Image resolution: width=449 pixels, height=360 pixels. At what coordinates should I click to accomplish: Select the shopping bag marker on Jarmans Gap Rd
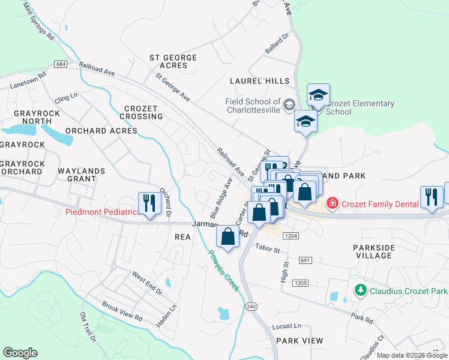coord(228,236)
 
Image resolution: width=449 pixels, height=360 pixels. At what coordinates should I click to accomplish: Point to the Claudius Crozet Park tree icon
coord(360,290)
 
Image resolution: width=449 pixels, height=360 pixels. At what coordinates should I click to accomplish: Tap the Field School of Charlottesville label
coord(253,106)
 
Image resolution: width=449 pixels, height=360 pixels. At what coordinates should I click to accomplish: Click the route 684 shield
coord(59,64)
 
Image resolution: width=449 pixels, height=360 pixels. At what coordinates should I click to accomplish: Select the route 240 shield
coord(250,306)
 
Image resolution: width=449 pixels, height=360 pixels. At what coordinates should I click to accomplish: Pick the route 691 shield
coord(305,260)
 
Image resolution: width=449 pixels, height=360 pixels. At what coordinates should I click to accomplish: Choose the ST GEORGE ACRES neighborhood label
coord(173,61)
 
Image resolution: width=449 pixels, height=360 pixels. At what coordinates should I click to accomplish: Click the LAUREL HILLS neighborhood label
coord(259,80)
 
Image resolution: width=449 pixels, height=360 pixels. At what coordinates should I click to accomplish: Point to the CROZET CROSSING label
coord(140,112)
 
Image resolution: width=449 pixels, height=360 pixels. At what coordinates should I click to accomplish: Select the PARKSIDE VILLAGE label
coord(373,251)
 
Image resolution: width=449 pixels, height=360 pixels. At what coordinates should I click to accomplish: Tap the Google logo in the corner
coord(20,353)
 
